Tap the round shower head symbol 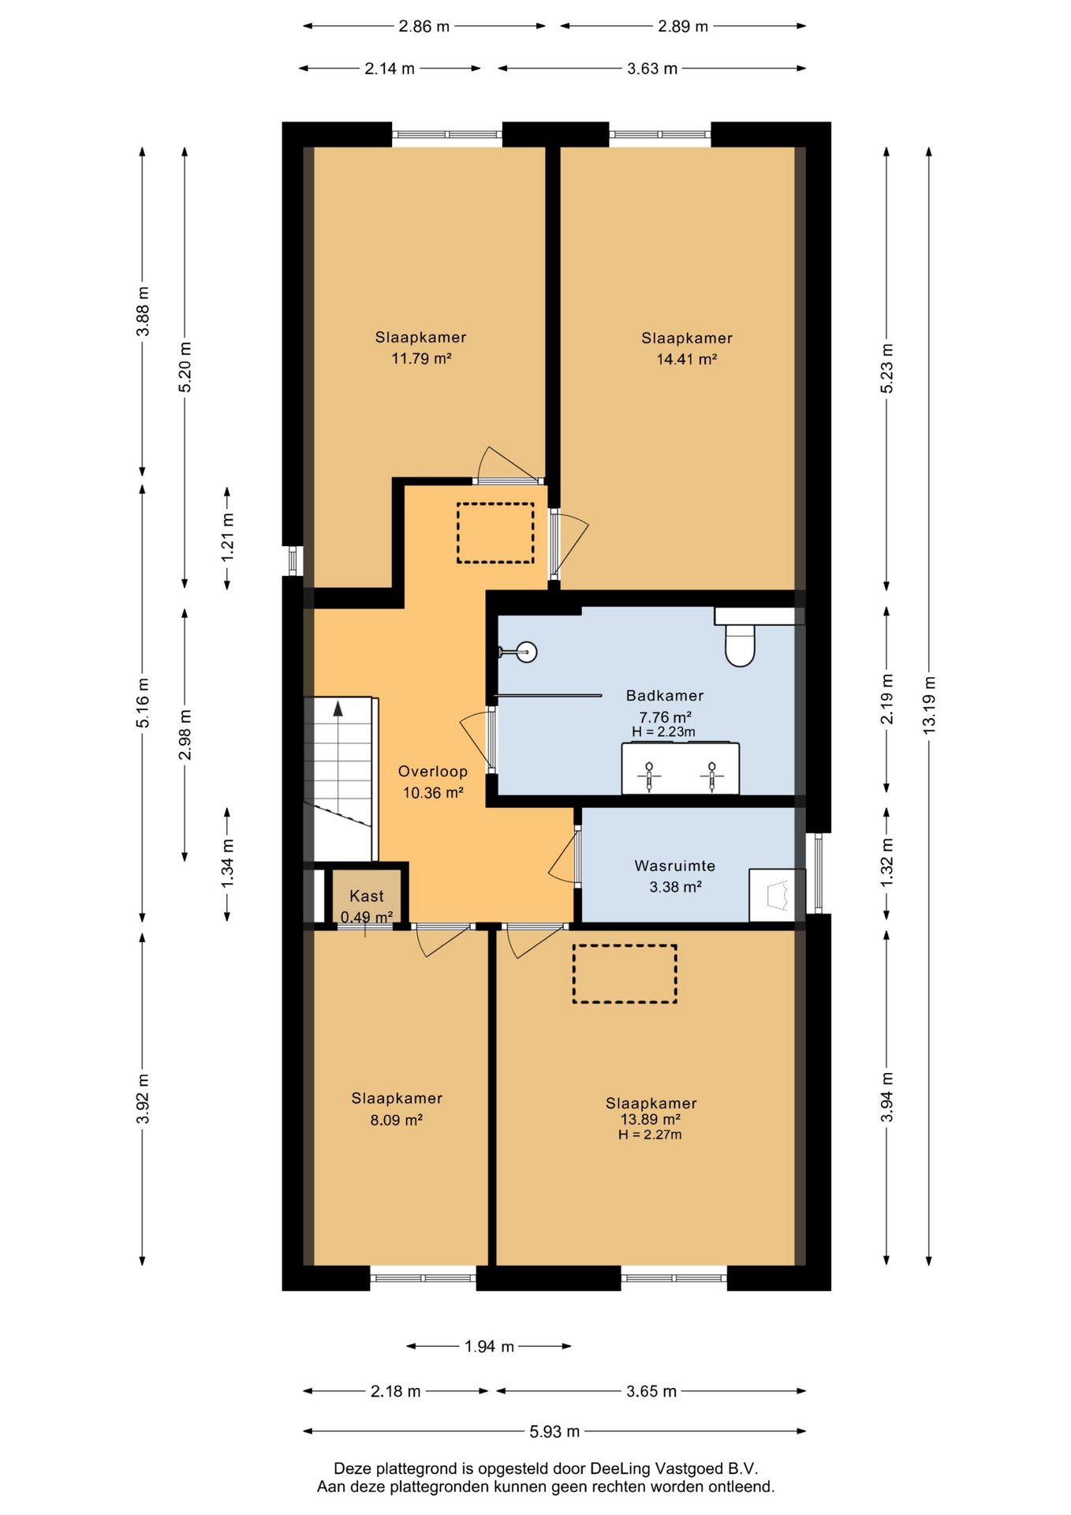tap(526, 653)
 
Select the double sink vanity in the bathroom tap(681, 769)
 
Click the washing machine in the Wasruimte tap(777, 895)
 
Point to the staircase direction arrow tap(338, 708)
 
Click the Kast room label tap(367, 896)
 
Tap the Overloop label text tap(432, 772)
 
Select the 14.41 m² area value tap(687, 360)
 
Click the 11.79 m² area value tap(421, 359)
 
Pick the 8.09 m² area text tap(397, 1120)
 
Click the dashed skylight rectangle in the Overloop tap(495, 533)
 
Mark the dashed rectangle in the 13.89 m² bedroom tap(625, 974)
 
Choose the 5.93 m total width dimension tap(554, 1431)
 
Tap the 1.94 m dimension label tap(489, 1346)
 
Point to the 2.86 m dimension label tap(424, 26)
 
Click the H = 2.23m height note tap(663, 732)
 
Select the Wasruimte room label tap(675, 866)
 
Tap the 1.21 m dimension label tap(228, 537)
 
